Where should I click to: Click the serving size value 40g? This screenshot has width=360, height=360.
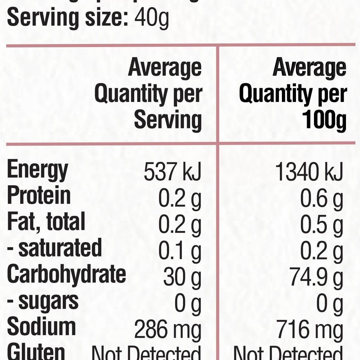tap(152, 19)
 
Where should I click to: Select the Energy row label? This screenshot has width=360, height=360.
tap(37, 171)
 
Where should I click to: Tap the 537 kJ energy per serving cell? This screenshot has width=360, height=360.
tap(172, 172)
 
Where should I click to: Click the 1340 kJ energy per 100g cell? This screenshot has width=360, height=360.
tap(309, 172)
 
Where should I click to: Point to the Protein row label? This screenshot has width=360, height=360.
tap(39, 196)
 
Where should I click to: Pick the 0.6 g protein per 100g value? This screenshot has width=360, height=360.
tap(321, 199)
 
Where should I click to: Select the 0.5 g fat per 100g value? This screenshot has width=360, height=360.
tap(321, 225)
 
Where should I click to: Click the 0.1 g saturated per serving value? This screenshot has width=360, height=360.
tap(180, 251)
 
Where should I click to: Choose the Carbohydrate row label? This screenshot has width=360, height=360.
tap(66, 274)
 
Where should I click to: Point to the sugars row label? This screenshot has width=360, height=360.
tap(43, 301)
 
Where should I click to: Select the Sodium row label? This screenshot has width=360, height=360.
tap(41, 327)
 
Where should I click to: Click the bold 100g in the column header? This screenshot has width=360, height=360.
tap(324, 120)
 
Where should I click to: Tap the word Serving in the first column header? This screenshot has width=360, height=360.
tap(168, 120)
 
